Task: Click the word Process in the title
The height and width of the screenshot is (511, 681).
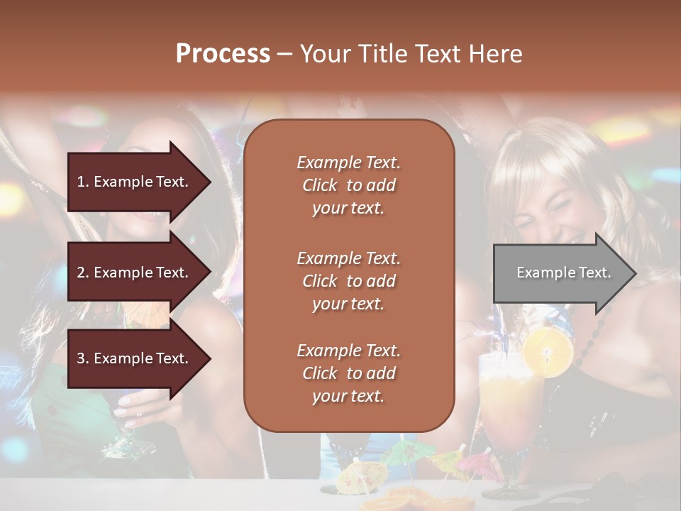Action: [223, 54]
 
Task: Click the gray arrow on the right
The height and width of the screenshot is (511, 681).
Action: [565, 273]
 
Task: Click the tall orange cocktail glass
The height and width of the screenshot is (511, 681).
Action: [509, 412]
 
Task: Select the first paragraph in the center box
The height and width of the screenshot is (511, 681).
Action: [348, 185]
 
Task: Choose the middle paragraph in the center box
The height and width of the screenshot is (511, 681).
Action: [348, 281]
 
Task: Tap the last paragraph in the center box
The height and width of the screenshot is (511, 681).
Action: [348, 373]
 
